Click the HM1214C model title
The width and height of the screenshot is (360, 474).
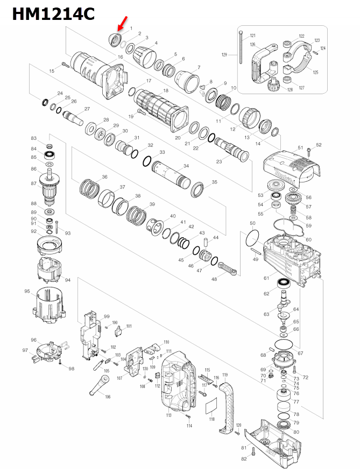point(53,14)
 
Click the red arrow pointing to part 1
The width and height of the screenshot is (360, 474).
point(122,24)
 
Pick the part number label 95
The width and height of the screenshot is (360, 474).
point(27,292)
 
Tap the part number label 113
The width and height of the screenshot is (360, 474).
point(168,416)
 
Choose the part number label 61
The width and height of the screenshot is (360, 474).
point(266,278)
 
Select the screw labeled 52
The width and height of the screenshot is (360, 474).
point(309,152)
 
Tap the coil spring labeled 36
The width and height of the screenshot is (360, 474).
point(91,189)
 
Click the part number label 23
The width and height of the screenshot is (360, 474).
point(219,162)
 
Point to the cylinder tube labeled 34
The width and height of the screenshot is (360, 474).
point(170,178)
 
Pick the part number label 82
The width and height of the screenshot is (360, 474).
point(243,458)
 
